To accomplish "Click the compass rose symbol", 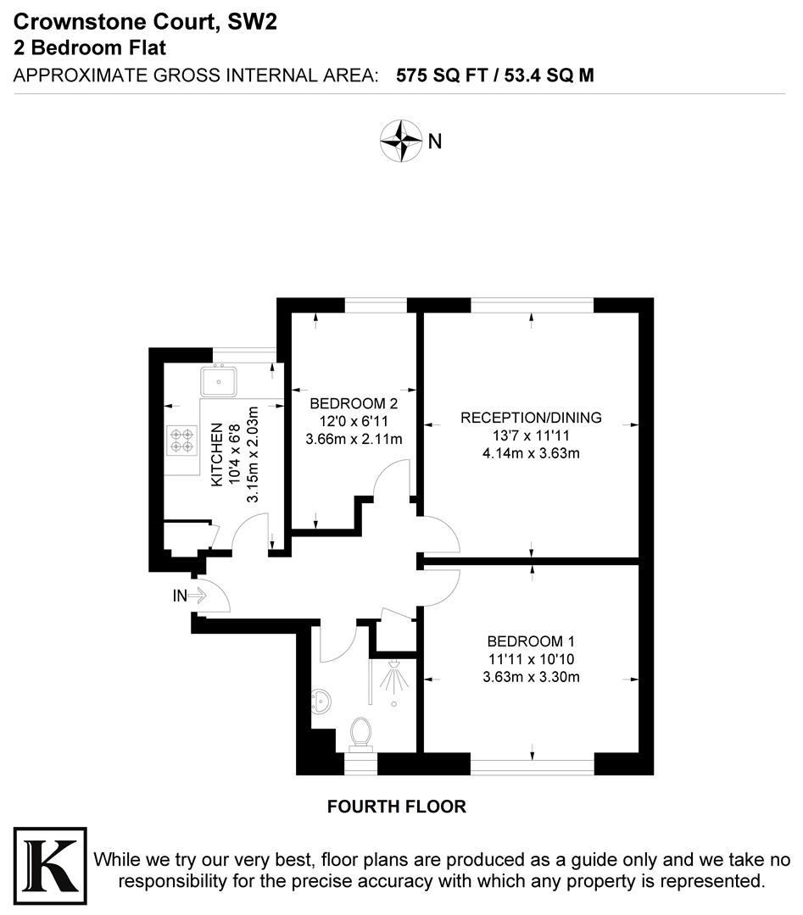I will (400, 141).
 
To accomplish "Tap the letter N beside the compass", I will (435, 141).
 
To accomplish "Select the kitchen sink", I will (218, 381).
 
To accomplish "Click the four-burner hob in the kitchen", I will (180, 441).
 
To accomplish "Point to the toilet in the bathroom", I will (361, 734).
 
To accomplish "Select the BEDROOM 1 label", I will (531, 640).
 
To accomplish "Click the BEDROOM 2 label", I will (354, 402).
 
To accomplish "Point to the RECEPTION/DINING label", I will (531, 418).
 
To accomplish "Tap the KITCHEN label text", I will (217, 455).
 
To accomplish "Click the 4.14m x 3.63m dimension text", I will (531, 453).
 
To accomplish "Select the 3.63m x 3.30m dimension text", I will (531, 676).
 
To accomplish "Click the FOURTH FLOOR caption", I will (397, 807).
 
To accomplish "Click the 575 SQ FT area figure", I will (440, 75).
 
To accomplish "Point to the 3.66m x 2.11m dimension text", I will (354, 438).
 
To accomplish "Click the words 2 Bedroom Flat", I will (89, 48).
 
